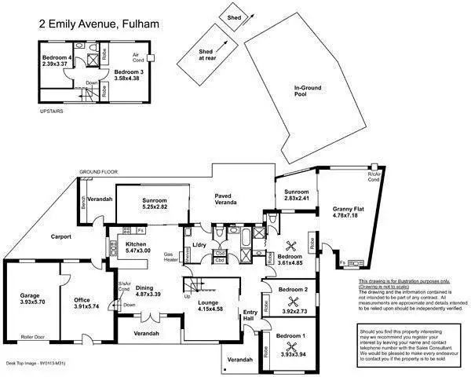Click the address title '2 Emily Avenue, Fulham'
click(x=99, y=24)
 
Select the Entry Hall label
click(x=250, y=315)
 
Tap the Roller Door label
click(x=33, y=335)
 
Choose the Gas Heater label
click(x=170, y=258)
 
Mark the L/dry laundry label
click(x=198, y=246)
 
